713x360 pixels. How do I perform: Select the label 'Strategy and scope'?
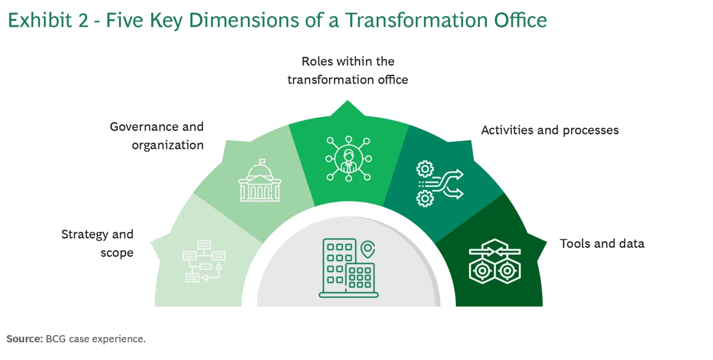[x=98, y=243]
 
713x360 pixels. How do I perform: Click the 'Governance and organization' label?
[x=157, y=136]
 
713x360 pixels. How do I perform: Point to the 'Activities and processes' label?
[x=550, y=130]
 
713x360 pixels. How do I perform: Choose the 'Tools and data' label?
[x=602, y=243]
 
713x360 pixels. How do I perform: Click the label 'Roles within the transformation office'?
[x=348, y=70]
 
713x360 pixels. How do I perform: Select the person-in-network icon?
[x=349, y=158]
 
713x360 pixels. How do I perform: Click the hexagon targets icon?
[x=495, y=261]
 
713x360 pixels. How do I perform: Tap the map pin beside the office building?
[x=367, y=250]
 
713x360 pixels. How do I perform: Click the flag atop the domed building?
[x=262, y=161]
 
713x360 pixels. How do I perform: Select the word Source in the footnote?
[x=24, y=339]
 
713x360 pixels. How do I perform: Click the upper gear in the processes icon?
[x=424, y=169]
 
